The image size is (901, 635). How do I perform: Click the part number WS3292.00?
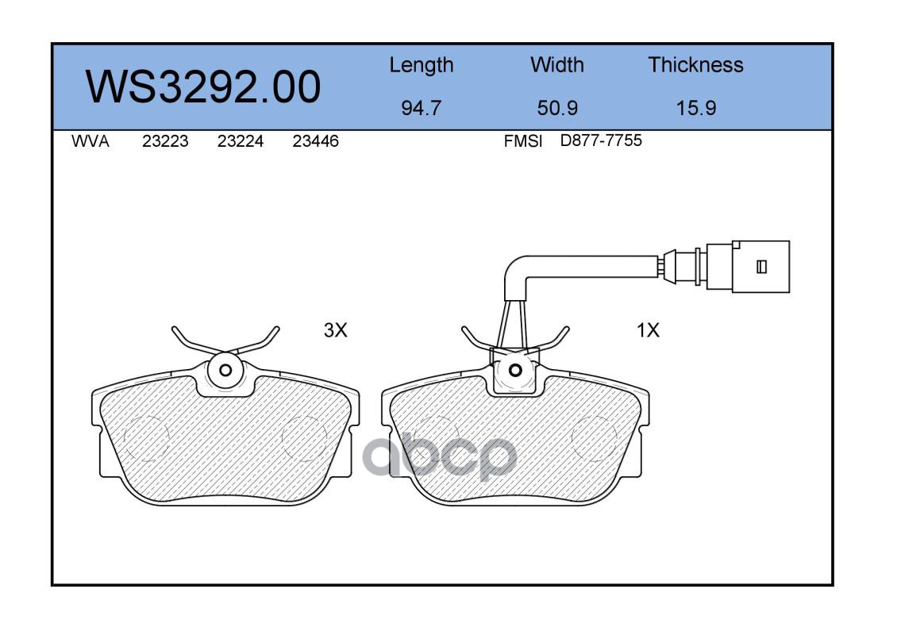tap(203, 87)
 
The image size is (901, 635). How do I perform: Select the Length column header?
tap(422, 66)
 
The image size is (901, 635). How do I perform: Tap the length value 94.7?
tap(422, 108)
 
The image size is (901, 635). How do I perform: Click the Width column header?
tap(556, 65)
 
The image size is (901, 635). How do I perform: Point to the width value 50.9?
tap(557, 108)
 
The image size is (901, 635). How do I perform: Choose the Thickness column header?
tap(695, 65)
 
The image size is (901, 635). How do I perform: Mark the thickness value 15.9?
tap(696, 108)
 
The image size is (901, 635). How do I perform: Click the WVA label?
tap(90, 141)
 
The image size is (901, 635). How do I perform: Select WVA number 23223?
tap(165, 141)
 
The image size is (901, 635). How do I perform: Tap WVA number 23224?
tap(241, 141)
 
